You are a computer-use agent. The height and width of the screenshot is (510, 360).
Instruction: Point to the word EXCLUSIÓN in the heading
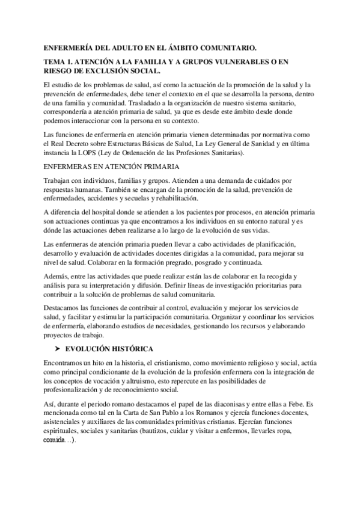click(104, 70)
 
